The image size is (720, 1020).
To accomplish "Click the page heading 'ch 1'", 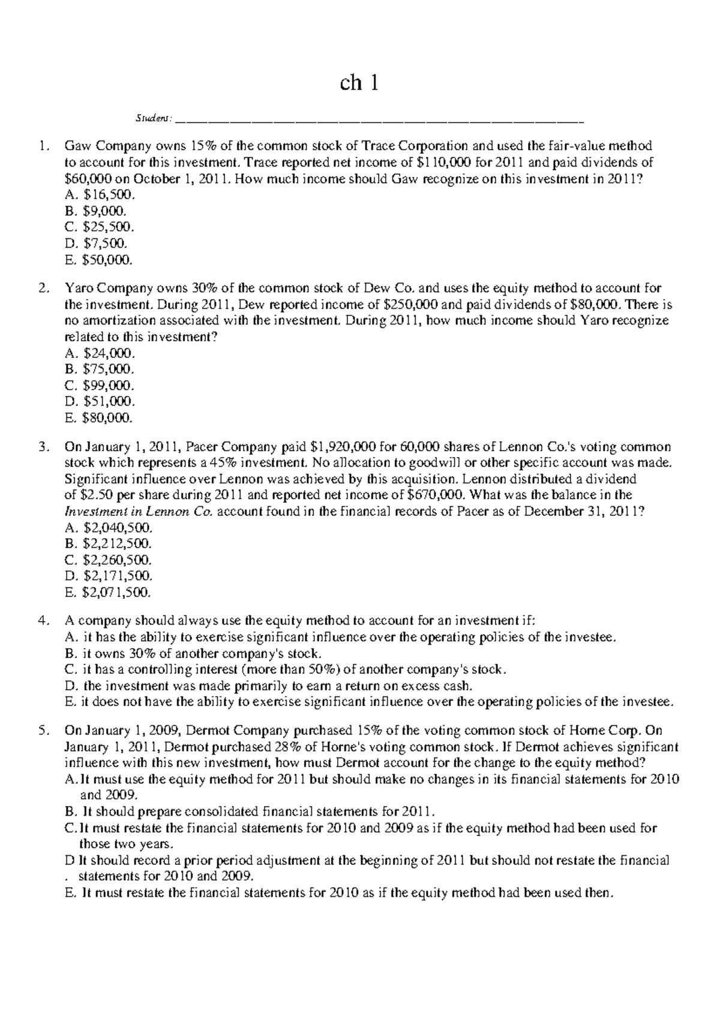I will (359, 83).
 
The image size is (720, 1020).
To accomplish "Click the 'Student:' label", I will (153, 118).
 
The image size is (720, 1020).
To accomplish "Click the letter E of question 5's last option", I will (68, 893).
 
